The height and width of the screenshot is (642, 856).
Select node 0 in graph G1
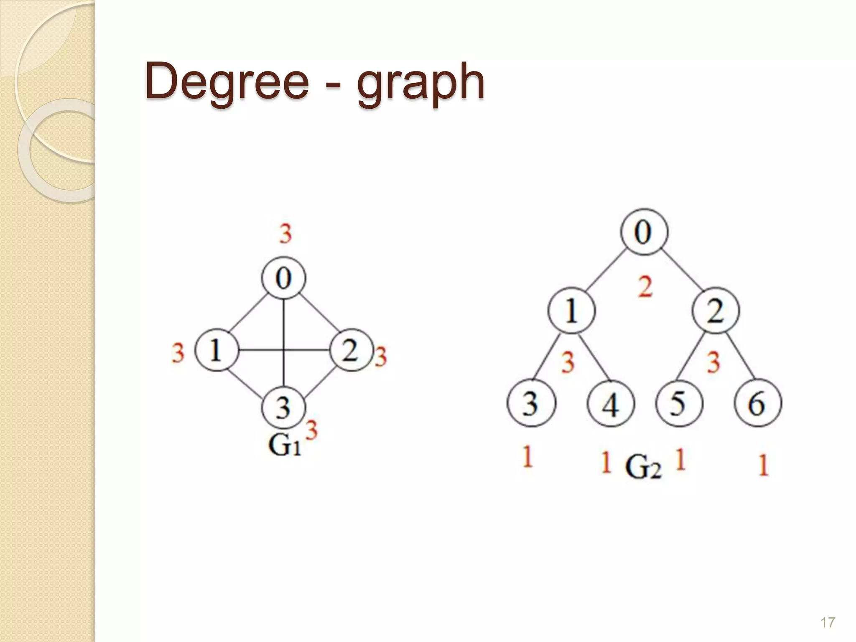tap(284, 278)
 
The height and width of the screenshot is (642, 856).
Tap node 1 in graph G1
tap(217, 350)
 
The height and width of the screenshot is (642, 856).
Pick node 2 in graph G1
tap(350, 350)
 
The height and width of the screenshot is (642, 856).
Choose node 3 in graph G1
tap(284, 407)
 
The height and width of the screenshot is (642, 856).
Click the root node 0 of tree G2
tap(644, 232)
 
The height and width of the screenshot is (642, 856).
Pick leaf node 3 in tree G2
tap(531, 404)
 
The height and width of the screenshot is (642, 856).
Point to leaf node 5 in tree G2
tap(679, 404)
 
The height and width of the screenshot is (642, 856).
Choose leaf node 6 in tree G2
tap(758, 404)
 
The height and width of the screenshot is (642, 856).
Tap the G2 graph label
tap(644, 468)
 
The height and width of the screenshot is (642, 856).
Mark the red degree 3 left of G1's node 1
tap(178, 353)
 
